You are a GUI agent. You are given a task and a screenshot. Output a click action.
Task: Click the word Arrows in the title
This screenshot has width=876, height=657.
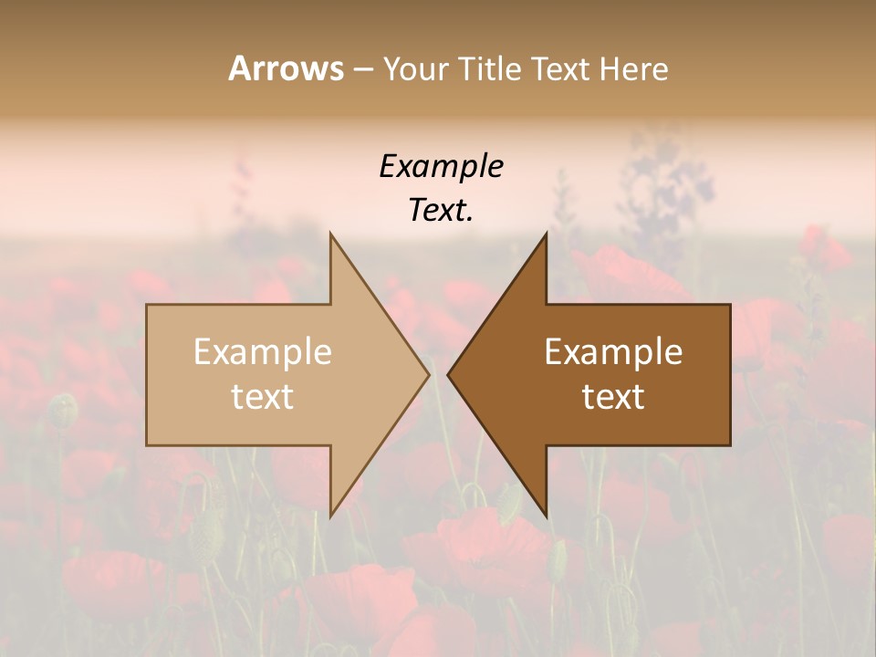pyautogui.click(x=286, y=68)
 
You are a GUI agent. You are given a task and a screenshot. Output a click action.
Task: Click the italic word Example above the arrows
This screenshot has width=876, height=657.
pyautogui.click(x=441, y=167)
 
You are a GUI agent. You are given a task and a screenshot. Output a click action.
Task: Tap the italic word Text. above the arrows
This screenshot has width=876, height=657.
pyautogui.click(x=441, y=211)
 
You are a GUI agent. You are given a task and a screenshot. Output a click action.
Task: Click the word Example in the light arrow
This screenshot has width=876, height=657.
pyautogui.click(x=263, y=352)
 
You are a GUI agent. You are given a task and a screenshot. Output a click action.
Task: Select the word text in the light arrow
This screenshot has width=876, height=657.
pyautogui.click(x=263, y=397)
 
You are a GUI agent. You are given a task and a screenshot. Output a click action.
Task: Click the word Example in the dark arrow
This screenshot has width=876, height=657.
pyautogui.click(x=613, y=352)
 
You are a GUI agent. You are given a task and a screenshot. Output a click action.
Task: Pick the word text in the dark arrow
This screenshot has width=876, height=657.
pyautogui.click(x=613, y=397)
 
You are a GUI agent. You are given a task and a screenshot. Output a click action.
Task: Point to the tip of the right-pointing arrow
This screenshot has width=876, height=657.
pyautogui.click(x=430, y=374)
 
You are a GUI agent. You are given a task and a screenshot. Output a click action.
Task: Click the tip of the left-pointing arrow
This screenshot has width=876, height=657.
pyautogui.click(x=447, y=374)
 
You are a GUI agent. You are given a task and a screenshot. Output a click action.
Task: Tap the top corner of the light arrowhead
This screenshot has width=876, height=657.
pyautogui.click(x=330, y=233)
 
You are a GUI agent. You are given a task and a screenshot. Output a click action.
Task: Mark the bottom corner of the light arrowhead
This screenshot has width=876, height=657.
pyautogui.click(x=330, y=516)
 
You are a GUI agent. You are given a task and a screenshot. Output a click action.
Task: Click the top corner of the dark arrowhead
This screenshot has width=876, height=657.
pyautogui.click(x=547, y=233)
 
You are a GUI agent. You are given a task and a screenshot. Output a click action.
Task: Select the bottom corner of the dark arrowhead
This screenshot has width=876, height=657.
pyautogui.click(x=547, y=516)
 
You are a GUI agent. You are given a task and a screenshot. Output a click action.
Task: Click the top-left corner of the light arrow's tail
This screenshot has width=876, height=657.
pyautogui.click(x=147, y=305)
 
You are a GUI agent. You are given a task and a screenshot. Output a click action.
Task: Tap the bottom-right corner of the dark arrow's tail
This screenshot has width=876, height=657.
pyautogui.click(x=730, y=445)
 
